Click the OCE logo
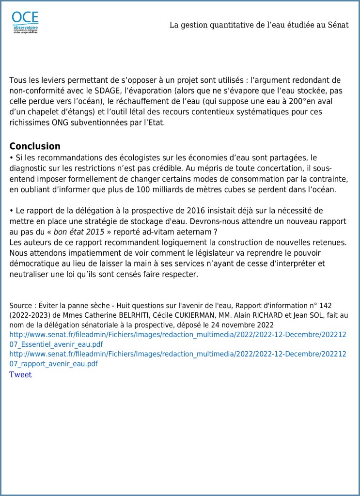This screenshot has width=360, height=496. point(25,22)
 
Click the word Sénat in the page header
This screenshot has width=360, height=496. point(338,25)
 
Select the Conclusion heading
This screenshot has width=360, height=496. point(35,146)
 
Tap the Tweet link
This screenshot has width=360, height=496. point(20,374)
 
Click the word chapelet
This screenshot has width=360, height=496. point(47,112)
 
